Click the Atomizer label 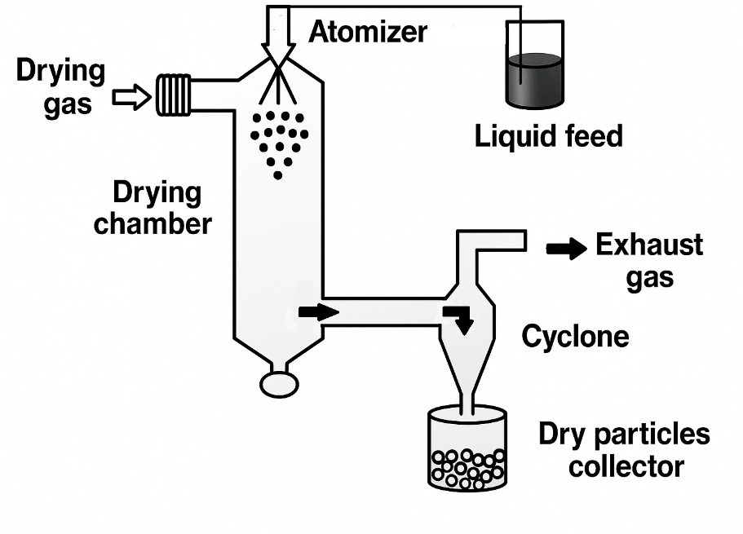tap(367, 32)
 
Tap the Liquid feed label tap(548, 135)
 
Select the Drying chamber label tap(153, 208)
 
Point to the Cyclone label tap(575, 335)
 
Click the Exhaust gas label tap(649, 260)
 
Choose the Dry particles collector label tap(624, 450)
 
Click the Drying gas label tap(61, 87)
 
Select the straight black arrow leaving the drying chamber tap(318, 311)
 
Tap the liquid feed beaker tap(534, 65)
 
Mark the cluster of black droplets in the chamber tap(279, 139)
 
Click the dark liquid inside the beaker tap(534, 80)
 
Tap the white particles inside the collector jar tap(467, 468)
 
